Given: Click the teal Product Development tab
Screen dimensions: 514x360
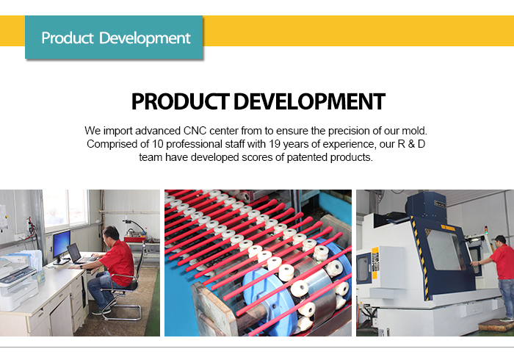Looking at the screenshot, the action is click(x=114, y=37).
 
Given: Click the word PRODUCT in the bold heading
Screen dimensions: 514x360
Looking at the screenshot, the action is click(x=180, y=101).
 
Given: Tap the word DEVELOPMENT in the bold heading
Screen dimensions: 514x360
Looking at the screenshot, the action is click(x=309, y=101).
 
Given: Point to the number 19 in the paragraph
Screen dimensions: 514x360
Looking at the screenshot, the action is click(x=275, y=144).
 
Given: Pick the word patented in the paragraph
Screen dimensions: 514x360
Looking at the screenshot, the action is click(x=307, y=157).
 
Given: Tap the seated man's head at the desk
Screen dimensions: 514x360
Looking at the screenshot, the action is click(x=111, y=234).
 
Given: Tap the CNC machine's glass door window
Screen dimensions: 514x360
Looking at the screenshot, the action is click(x=445, y=250).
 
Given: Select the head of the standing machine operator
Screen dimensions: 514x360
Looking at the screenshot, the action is click(x=500, y=240).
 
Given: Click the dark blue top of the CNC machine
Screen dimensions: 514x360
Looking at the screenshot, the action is click(x=426, y=204).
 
